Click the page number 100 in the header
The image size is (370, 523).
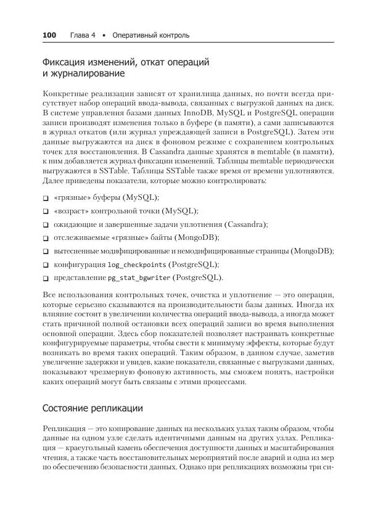[x=49, y=35]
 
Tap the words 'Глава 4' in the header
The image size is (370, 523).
[x=83, y=35]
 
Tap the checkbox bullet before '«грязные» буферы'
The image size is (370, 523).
[x=46, y=198]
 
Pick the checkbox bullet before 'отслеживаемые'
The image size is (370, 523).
[x=46, y=238]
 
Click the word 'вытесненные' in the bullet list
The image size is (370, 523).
[x=78, y=251]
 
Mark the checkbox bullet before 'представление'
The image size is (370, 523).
[x=46, y=278]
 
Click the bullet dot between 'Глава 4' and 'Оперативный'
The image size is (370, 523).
[x=104, y=35]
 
